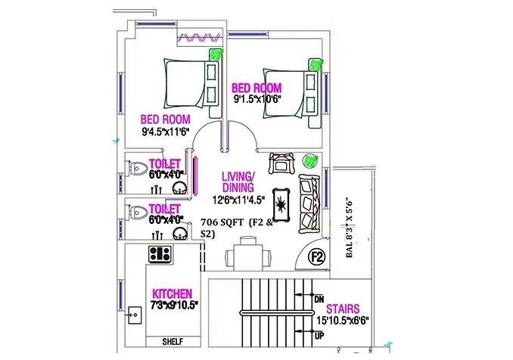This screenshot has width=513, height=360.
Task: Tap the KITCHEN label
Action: tap(172, 293)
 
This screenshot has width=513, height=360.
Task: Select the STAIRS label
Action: tap(343, 309)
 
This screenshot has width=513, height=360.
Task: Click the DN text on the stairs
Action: tap(319, 299)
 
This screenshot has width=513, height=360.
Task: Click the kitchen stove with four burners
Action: tap(160, 253)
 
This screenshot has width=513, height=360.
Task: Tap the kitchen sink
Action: tap(137, 312)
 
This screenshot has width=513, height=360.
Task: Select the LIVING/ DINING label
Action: tap(238, 182)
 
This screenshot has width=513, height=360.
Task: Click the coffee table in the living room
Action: tap(281, 202)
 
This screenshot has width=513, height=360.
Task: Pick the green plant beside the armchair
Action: tap(308, 160)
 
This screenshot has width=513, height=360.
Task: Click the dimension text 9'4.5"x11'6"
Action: tap(166, 131)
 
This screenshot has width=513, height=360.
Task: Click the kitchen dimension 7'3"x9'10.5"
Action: tap(173, 305)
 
